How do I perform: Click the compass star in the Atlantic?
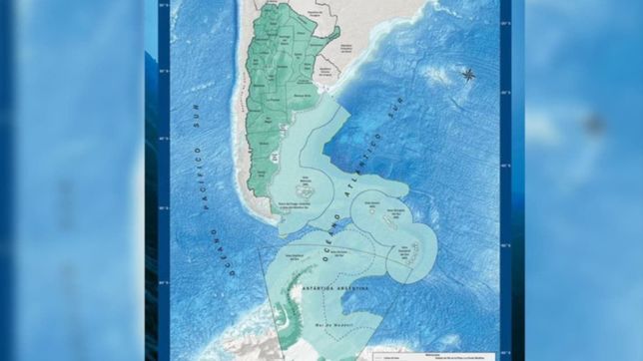[469, 73]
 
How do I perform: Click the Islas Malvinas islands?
[308, 186]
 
